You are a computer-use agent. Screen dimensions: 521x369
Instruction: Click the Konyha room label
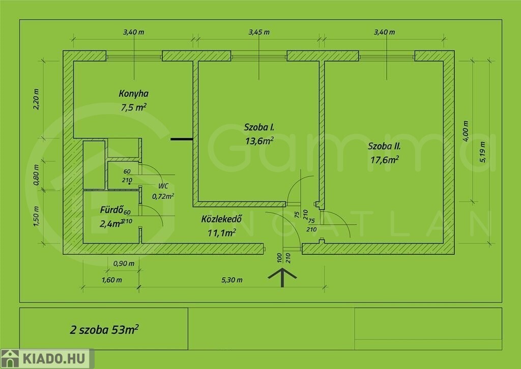(134, 94)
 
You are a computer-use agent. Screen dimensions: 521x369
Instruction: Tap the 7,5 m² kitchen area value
(134, 107)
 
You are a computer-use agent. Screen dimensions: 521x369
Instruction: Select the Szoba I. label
(259, 127)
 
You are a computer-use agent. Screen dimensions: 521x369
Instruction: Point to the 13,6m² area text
(259, 141)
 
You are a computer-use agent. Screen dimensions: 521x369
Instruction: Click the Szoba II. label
(385, 146)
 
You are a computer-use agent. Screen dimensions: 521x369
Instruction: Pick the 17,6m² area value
(385, 160)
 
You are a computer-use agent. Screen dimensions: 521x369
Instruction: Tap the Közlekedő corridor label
(222, 219)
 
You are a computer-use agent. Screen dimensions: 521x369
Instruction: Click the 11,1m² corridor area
(222, 232)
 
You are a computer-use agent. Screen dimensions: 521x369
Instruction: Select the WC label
(163, 186)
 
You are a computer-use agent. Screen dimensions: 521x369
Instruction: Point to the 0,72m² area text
(163, 196)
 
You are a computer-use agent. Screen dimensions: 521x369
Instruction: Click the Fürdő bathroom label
(111, 210)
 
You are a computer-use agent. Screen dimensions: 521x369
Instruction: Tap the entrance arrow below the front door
(282, 277)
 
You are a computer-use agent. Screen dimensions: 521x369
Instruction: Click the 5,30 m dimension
(232, 280)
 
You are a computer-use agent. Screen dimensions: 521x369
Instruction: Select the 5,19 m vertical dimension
(483, 152)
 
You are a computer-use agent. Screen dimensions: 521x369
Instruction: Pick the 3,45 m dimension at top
(259, 32)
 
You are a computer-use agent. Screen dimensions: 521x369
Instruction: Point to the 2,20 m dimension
(36, 99)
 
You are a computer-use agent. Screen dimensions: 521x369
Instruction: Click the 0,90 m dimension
(124, 263)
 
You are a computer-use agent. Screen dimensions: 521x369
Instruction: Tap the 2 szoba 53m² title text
(104, 329)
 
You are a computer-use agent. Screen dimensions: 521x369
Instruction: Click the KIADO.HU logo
(47, 359)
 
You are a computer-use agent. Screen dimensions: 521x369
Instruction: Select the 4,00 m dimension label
(466, 131)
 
